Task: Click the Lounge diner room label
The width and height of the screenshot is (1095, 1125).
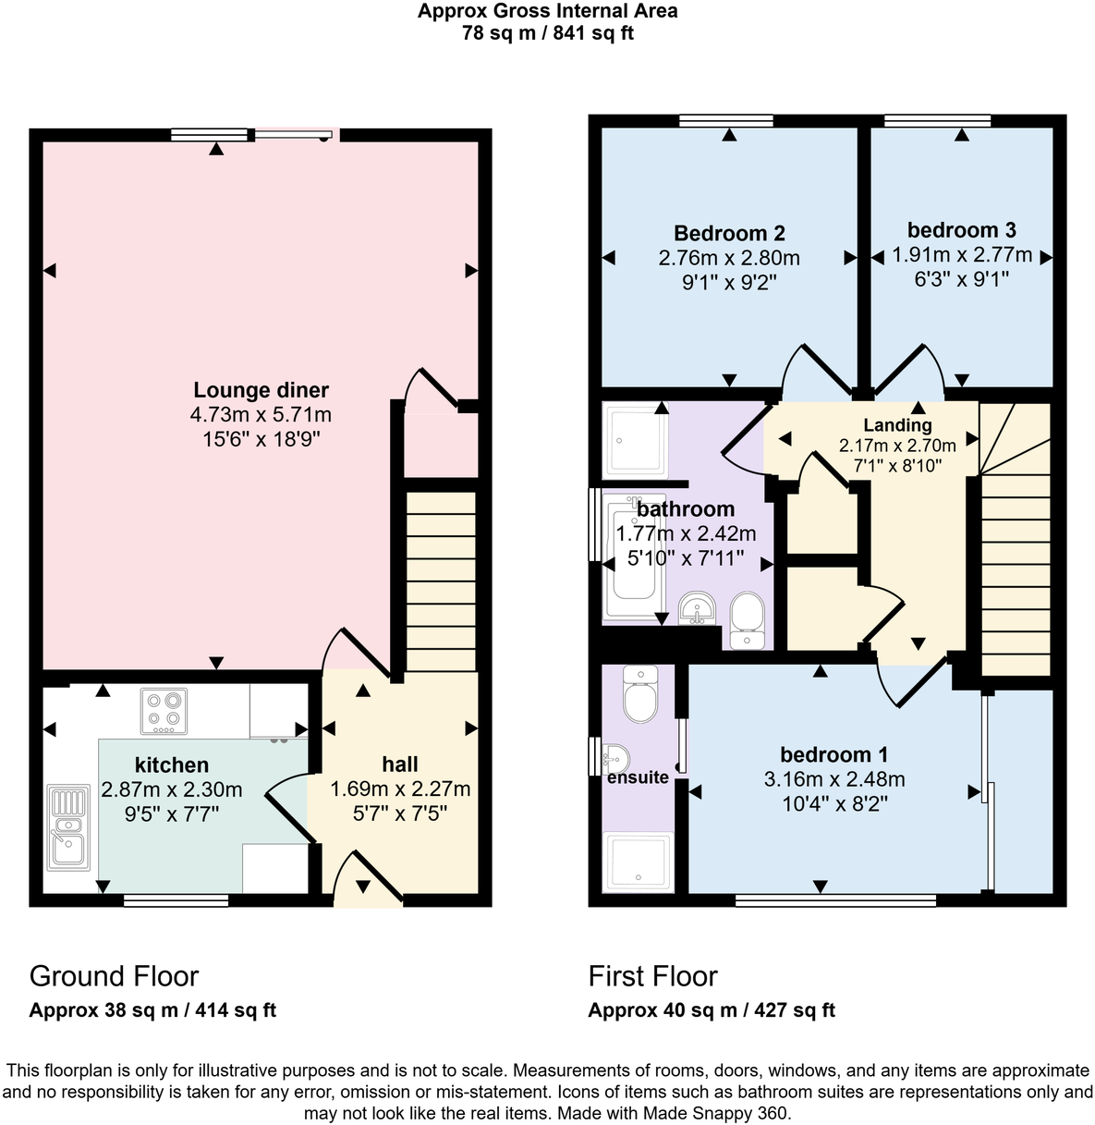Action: click(x=261, y=390)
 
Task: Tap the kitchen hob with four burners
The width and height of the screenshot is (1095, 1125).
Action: click(x=164, y=711)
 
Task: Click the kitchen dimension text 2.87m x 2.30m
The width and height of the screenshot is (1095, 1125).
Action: click(x=172, y=789)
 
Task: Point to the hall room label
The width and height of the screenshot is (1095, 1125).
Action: click(x=400, y=764)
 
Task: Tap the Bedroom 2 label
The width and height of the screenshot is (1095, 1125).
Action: click(x=729, y=233)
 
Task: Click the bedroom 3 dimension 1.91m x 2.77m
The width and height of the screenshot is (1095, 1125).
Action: click(x=961, y=255)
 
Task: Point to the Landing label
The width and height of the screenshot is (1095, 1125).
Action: click(x=897, y=425)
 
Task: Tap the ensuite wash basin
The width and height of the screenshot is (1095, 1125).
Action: click(x=614, y=758)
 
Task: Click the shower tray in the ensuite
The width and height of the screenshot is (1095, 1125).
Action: click(x=638, y=862)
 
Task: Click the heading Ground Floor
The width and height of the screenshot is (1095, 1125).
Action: click(x=114, y=976)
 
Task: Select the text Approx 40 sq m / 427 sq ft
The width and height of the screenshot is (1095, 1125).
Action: click(x=712, y=1010)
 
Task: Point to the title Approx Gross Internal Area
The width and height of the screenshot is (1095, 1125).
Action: click(x=547, y=11)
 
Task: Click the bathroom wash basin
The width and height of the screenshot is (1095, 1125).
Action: click(x=697, y=607)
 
